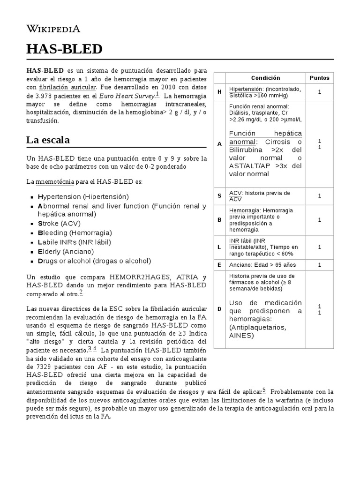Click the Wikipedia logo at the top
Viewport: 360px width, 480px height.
point(53,29)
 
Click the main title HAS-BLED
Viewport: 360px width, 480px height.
point(64,49)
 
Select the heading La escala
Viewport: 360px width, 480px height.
point(48,140)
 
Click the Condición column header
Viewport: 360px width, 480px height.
point(265,78)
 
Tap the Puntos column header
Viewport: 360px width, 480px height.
point(320,78)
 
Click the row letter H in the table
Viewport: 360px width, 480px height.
point(219,92)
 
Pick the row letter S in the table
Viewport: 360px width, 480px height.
point(219,196)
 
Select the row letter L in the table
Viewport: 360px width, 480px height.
point(219,247)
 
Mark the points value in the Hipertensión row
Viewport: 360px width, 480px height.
point(320,92)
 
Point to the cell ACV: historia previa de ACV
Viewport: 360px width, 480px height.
point(259,196)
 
